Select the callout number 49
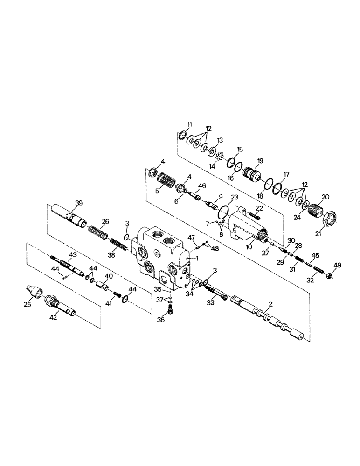coord(337,265)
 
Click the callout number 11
coord(189,124)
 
